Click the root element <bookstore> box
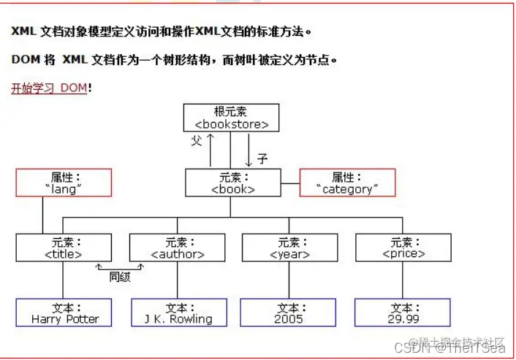click(230, 118)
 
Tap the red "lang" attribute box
click(64, 183)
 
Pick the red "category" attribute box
click(347, 183)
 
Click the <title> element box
click(64, 248)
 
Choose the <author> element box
click(177, 248)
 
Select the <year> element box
click(289, 248)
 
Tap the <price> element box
click(403, 248)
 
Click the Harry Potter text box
click(64, 313)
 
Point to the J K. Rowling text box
click(178, 313)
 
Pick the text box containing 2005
click(289, 313)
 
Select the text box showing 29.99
click(403, 313)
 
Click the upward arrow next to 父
click(210, 150)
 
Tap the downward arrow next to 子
click(249, 152)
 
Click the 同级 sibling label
click(119, 277)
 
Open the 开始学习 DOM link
click(49, 88)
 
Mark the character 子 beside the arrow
click(262, 158)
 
